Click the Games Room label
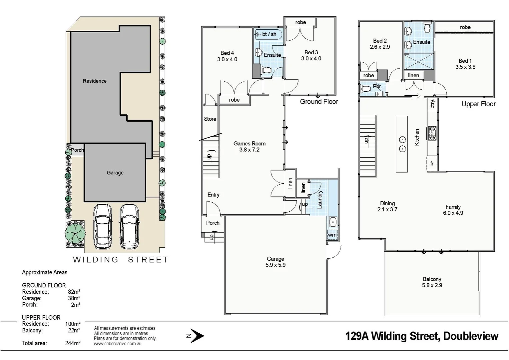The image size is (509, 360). click(x=249, y=144)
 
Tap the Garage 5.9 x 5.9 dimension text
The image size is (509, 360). click(x=275, y=265)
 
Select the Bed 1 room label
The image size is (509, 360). click(x=465, y=61)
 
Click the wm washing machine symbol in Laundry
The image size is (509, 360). click(x=332, y=235)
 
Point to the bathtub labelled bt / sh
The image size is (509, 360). click(x=268, y=34)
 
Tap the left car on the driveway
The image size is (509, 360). click(x=103, y=226)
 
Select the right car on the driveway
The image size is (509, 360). click(x=129, y=226)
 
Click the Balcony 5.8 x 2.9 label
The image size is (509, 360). click(x=432, y=282)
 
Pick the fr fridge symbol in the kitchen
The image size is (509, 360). click(x=432, y=163)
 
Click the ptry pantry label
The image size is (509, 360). click(x=432, y=104)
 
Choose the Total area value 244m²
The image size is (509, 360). click(x=73, y=343)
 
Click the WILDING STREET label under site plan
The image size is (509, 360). click(x=121, y=260)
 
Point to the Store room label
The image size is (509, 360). click(x=210, y=119)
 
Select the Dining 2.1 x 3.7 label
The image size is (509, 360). click(x=387, y=206)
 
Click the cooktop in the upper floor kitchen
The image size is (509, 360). click(x=432, y=133)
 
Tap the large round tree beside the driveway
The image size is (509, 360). click(x=75, y=233)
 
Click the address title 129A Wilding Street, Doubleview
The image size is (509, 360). click(x=421, y=336)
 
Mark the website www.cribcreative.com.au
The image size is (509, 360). click(x=118, y=344)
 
